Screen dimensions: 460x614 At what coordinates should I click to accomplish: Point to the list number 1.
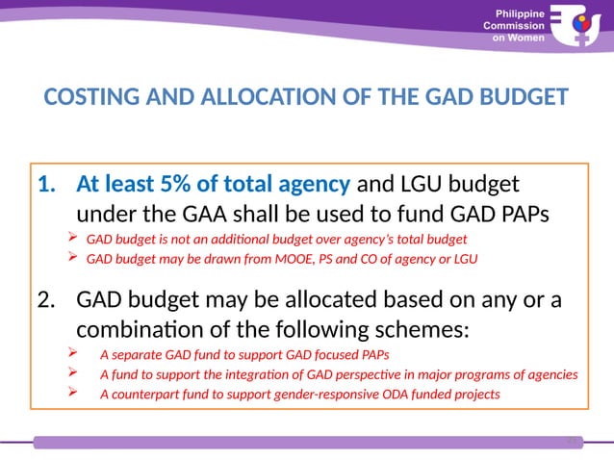point(49,183)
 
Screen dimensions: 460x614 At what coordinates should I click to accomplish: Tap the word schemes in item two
point(422,329)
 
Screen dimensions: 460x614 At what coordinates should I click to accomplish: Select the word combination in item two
point(137,329)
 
